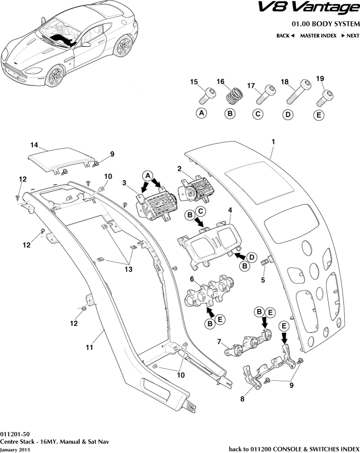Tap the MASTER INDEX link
318,36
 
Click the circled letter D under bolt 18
288,115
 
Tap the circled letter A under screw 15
201,113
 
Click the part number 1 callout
273,142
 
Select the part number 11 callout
89,348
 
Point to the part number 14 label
34,145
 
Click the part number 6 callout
192,279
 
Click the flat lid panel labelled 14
61,158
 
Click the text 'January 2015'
15,449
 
